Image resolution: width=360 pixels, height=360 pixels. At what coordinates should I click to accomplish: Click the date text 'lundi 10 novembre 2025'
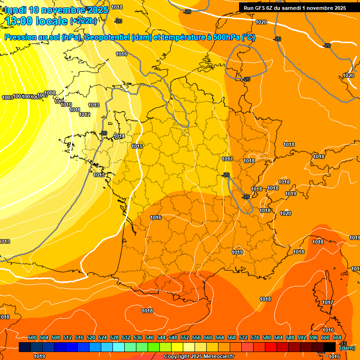pos(56,10)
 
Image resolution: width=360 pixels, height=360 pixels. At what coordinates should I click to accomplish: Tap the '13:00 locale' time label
pos(37,21)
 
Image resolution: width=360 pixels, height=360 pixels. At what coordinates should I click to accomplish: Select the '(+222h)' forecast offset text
pos(83,21)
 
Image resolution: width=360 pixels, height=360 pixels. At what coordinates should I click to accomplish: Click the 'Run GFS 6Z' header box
pos(294,7)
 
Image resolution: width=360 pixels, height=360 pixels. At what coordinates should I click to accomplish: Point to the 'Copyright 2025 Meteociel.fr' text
pos(199,357)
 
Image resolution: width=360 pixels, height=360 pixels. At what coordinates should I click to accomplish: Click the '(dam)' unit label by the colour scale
pos(346,348)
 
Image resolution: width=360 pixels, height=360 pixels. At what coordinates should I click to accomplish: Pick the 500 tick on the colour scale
pos(32,337)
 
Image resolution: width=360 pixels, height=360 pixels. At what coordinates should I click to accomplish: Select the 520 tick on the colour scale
pos(91,337)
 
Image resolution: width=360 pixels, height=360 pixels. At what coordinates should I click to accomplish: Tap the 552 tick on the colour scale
pos(185,337)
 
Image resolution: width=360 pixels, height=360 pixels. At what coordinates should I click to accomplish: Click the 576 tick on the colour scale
pos(255,337)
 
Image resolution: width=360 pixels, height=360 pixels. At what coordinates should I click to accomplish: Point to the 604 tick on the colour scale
pos(337,337)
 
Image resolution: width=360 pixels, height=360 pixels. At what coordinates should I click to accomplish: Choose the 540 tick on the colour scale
pos(150,337)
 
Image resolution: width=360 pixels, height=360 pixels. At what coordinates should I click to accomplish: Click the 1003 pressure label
pos(7,97)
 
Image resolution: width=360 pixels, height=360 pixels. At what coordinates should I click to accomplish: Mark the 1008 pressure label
pos(50,93)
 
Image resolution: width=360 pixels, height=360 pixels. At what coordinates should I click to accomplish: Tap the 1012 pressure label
pos(84,114)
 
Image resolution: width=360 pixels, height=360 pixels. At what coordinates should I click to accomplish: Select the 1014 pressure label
pos(119,136)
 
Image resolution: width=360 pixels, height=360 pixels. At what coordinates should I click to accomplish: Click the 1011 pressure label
pos(75,110)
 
